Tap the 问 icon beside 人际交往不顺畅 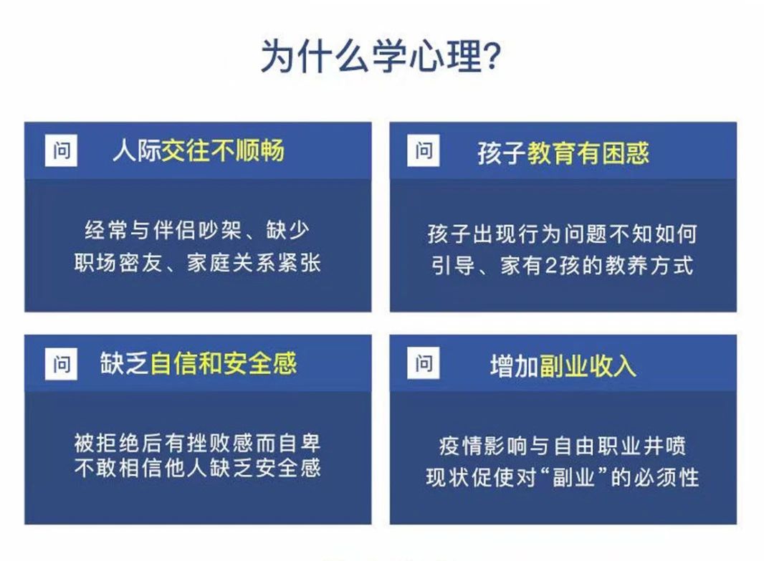(61, 150)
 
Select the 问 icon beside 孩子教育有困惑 (424, 150)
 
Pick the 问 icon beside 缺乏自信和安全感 (61, 363)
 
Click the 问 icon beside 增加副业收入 (424, 363)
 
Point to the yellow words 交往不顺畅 (223, 150)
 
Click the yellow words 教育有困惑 (588, 153)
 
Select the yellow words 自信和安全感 (223, 363)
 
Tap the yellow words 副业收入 (588, 365)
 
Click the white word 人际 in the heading (136, 150)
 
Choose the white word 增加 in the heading (515, 365)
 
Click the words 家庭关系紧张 (254, 264)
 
